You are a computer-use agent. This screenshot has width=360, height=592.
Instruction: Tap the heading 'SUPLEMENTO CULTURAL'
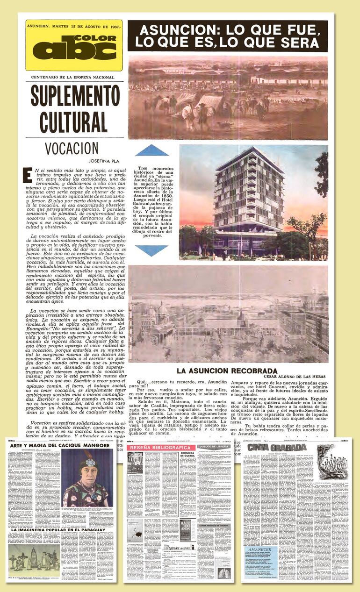69,110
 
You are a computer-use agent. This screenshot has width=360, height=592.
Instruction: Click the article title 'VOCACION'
72,148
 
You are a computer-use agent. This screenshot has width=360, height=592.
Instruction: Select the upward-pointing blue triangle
151,150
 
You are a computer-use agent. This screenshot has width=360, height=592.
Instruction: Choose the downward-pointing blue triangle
151,250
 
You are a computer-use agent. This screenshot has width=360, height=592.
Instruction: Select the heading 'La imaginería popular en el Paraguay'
60,530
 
